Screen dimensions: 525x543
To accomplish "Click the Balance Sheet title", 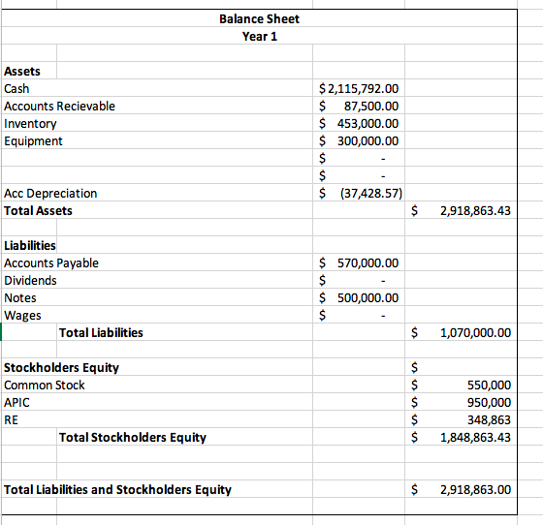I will click(259, 18).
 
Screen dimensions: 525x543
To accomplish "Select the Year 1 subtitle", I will click(259, 36).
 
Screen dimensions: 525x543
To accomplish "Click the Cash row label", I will click(16, 88).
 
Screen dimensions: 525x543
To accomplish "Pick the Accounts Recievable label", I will click(59, 106).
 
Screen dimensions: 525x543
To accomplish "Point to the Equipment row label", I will click(33, 140).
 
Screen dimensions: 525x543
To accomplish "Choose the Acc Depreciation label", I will click(50, 193).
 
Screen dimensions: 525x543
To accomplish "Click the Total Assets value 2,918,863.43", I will click(474, 210).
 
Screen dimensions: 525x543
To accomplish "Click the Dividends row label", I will click(30, 280).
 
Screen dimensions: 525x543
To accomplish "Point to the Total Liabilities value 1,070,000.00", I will click(474, 332).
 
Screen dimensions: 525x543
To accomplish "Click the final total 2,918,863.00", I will click(474, 489).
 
